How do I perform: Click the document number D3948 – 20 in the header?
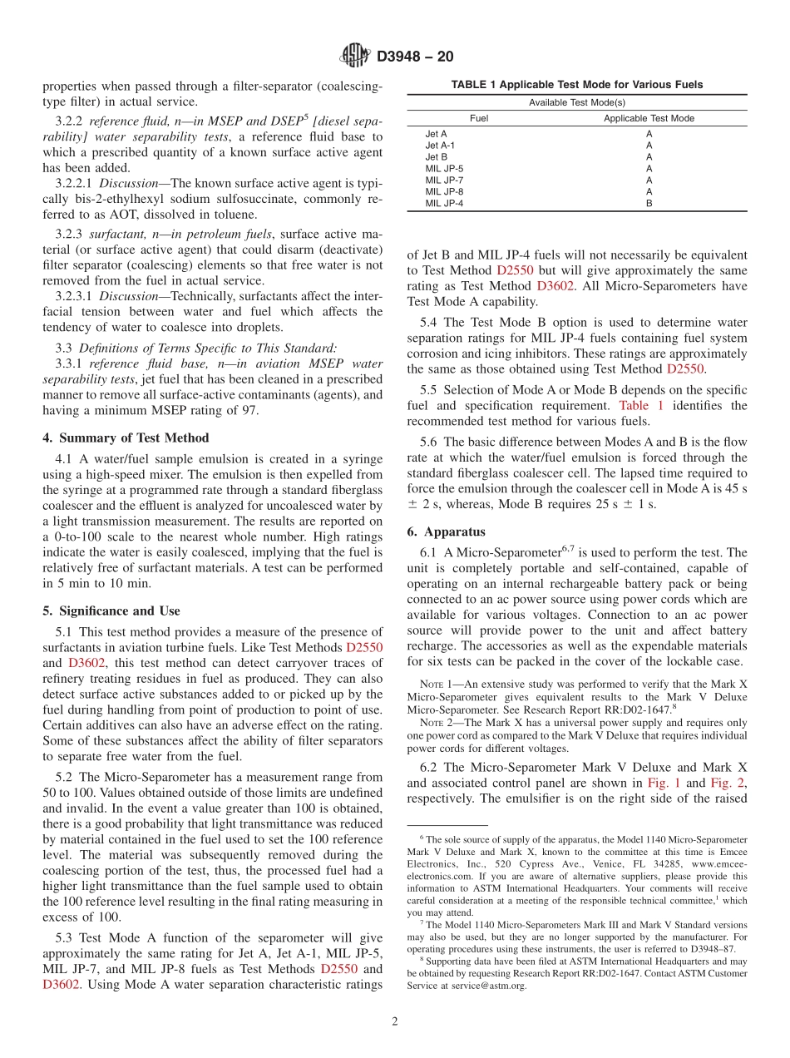click(x=415, y=57)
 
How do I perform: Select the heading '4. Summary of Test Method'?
click(x=126, y=438)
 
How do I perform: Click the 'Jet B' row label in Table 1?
click(x=437, y=156)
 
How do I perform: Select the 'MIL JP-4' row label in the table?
click(x=444, y=203)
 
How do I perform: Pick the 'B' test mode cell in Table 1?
click(x=649, y=203)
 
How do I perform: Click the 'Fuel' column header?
click(x=479, y=118)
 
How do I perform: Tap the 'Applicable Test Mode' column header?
click(x=649, y=118)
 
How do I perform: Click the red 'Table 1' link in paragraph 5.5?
click(x=641, y=406)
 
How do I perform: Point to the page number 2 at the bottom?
click(x=395, y=1021)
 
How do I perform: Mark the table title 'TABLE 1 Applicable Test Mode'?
click(x=576, y=85)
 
